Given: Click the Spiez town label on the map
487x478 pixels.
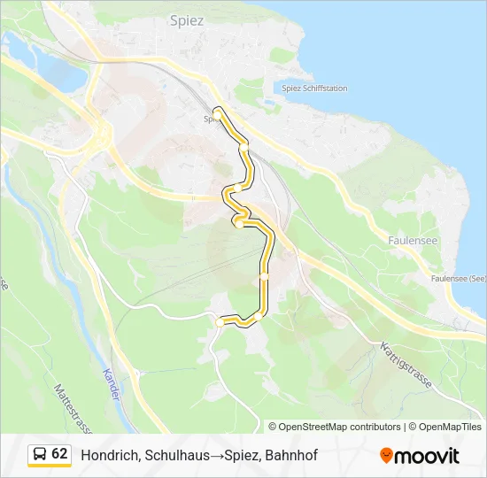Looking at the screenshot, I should pos(186,19).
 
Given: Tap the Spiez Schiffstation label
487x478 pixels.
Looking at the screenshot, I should pos(314,89).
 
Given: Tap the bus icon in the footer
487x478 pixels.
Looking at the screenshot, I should pos(40,455).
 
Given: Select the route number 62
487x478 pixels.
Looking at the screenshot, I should pos(59,454).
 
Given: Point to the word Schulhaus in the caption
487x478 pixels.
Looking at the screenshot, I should pos(169,455).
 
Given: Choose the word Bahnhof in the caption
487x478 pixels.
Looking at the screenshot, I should pos(288,455).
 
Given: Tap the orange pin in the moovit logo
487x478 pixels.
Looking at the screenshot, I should pos(386,455).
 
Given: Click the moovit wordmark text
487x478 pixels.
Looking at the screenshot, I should pos(427,456).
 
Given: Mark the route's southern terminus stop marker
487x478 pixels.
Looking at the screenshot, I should pos(220,323).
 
